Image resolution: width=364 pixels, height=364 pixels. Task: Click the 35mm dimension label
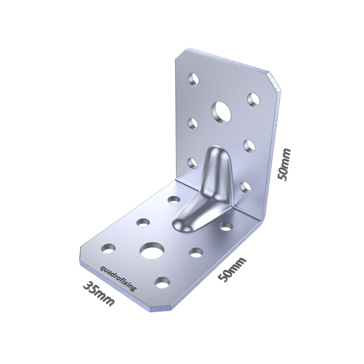(99, 293)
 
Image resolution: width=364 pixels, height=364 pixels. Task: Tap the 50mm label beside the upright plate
(284, 164)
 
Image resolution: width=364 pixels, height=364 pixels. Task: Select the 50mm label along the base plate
(232, 269)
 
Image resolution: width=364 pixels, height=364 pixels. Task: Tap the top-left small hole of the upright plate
(194, 80)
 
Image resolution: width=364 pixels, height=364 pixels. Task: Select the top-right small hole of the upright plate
(253, 99)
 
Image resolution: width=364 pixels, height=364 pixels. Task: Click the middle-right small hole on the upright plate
(249, 146)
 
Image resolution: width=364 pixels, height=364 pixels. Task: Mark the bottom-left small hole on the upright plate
(192, 163)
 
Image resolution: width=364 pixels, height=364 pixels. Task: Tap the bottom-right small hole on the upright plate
(245, 187)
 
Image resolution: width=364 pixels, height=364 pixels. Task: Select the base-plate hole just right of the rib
(226, 226)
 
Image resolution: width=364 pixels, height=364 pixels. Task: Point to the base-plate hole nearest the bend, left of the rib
(173, 199)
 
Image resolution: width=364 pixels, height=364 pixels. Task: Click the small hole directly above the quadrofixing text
(108, 248)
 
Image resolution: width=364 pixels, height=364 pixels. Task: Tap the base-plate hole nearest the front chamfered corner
(162, 282)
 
